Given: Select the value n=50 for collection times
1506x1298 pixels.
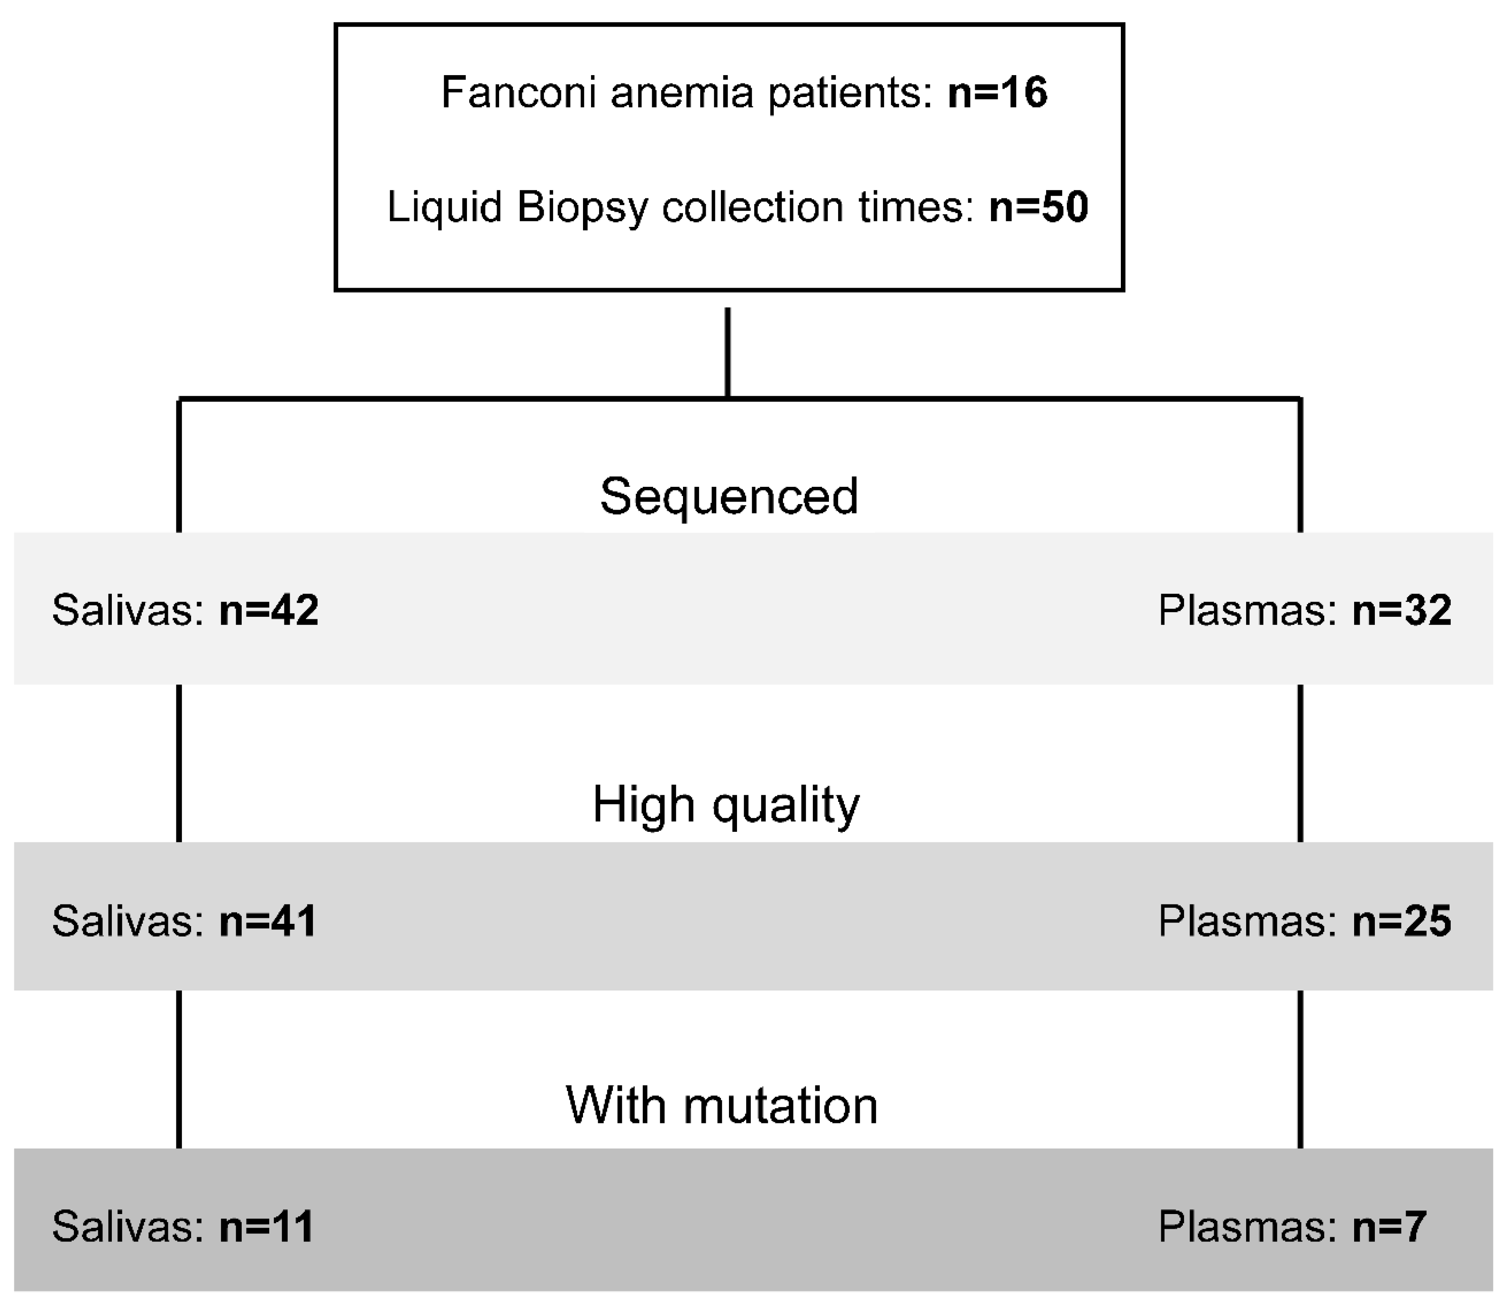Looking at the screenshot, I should point(1038,207).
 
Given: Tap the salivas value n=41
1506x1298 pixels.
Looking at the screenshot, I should point(267,921).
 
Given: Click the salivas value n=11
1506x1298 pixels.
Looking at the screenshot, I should point(266,1227).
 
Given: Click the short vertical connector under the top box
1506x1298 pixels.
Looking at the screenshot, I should point(728,353).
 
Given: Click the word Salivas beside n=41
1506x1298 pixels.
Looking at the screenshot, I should point(128,921).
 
